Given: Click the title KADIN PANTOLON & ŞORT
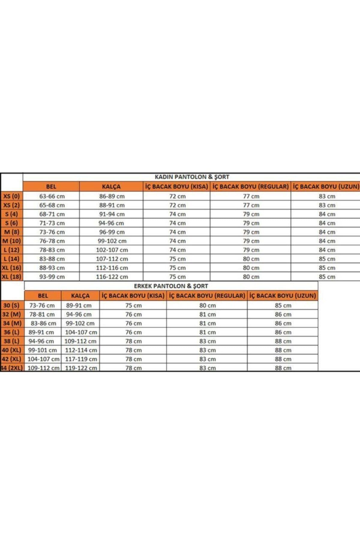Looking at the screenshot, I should [192, 177].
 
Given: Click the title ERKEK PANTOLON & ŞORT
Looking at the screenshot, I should [171, 286].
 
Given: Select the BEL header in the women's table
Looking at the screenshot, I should [51, 187].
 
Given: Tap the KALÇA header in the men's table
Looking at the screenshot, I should [80, 296].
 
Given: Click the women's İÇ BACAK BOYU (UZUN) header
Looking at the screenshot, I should [326, 187].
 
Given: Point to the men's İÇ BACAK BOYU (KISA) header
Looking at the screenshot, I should [133, 296].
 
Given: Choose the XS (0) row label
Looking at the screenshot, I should [11, 196].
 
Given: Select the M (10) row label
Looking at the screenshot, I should [11, 241].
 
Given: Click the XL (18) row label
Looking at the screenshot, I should [11, 277].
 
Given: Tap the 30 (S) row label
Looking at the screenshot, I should [11, 305].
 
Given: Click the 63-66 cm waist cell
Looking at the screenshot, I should [52, 196].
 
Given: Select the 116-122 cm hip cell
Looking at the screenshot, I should [112, 277].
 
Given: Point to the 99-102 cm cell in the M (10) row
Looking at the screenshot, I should [112, 241].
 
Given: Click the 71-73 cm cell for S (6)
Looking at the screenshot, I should [52, 223].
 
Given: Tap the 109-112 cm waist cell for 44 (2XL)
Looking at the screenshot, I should [43, 368].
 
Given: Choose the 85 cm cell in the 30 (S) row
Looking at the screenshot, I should [283, 305].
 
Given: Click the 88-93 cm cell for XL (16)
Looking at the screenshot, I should [52, 268].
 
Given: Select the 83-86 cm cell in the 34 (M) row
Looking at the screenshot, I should [43, 323].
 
